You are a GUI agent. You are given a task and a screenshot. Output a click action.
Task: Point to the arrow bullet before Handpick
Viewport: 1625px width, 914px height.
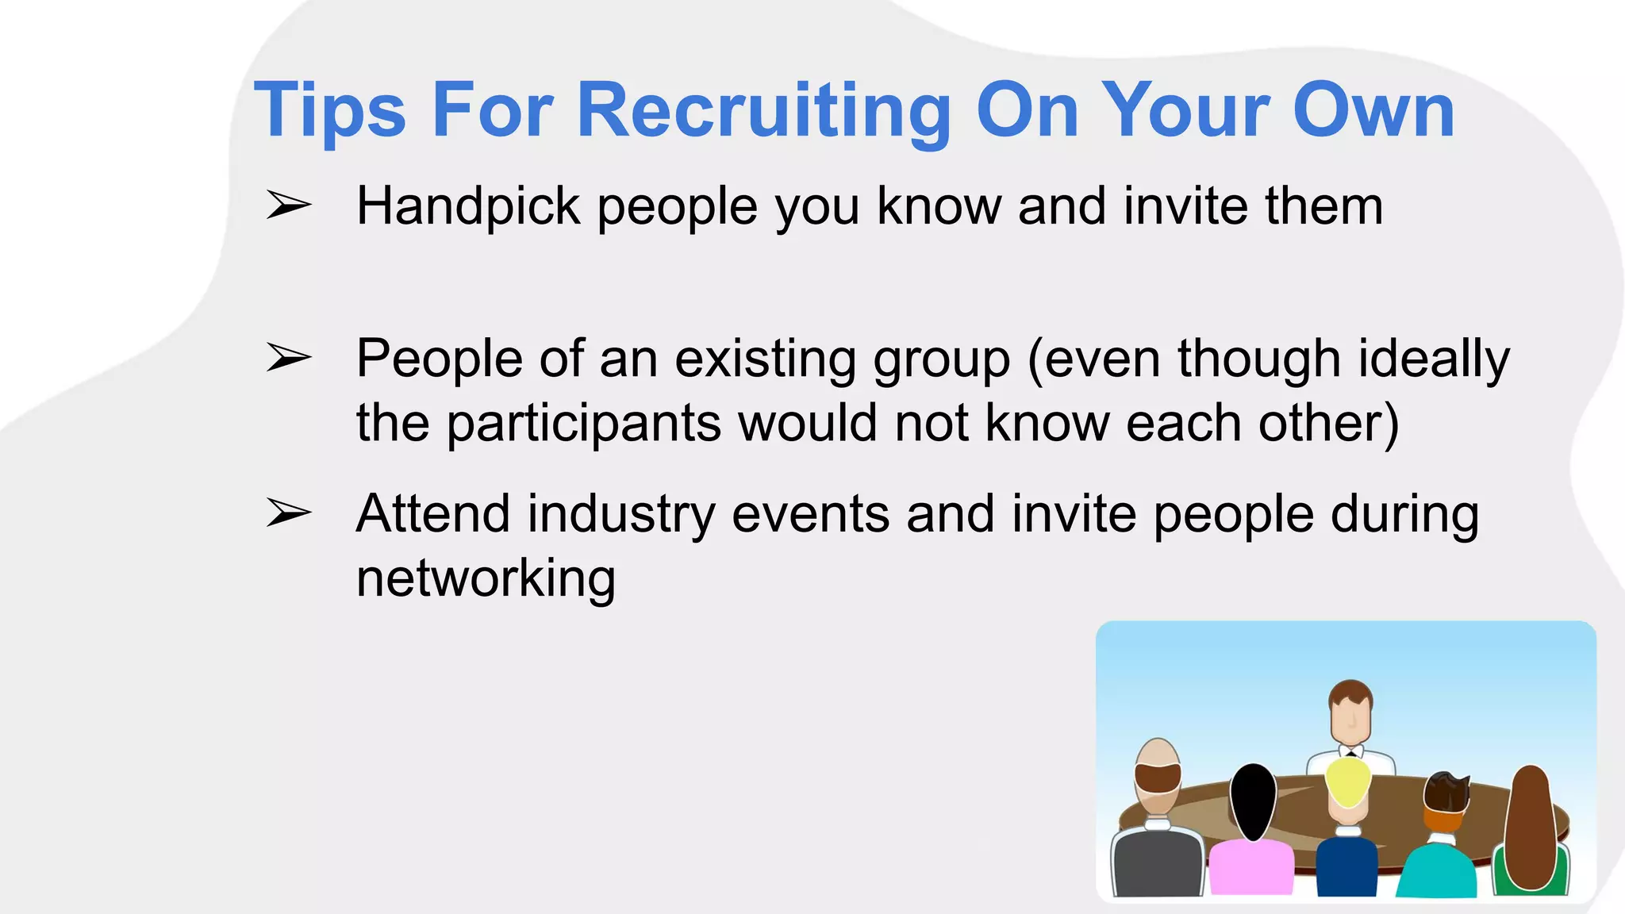tap(288, 205)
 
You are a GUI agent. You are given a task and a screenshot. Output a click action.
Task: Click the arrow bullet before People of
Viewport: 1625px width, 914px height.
tap(288, 358)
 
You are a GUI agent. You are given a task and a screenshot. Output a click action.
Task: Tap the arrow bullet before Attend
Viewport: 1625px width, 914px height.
tap(288, 513)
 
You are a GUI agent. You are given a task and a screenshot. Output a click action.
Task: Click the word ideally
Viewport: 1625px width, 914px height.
tap(1435, 359)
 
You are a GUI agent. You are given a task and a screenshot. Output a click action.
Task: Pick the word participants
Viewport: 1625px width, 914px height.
tap(584, 424)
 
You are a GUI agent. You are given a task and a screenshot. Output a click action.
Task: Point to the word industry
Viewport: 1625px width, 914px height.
tap(621, 514)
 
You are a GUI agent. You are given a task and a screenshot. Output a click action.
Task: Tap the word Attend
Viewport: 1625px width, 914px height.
tap(432, 514)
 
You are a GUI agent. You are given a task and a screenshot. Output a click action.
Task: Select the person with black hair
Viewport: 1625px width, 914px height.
tap(1253, 801)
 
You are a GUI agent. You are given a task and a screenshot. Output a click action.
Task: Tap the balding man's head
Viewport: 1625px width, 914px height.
tap(1158, 770)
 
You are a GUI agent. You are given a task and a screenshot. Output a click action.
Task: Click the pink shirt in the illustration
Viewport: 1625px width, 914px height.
tap(1251, 869)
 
